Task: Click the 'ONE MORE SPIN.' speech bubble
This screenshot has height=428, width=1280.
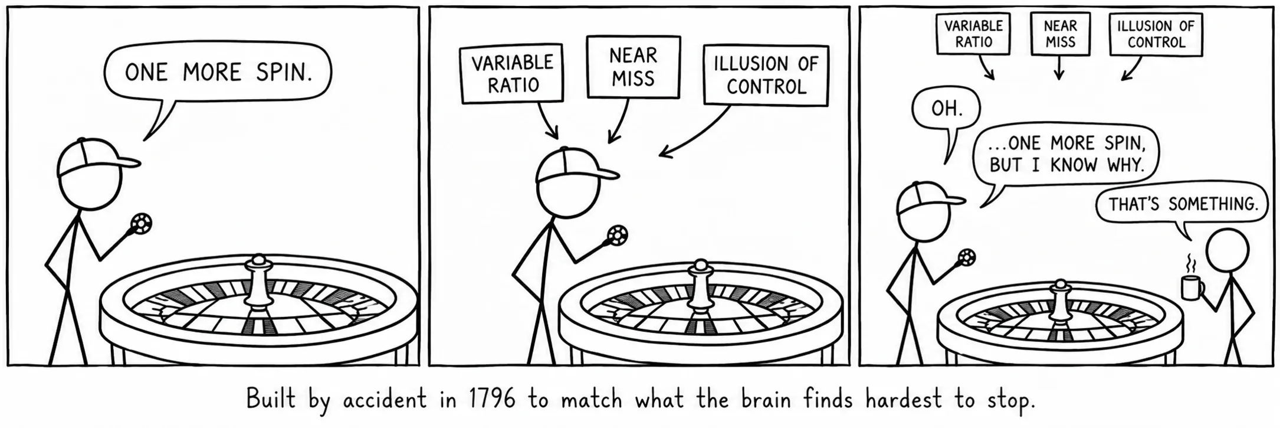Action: coord(218,72)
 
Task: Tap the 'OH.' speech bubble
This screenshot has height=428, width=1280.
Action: coord(946,109)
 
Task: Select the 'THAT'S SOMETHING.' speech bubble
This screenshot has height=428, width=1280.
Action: coord(1181,204)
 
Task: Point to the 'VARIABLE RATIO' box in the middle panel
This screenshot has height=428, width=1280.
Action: coord(512,73)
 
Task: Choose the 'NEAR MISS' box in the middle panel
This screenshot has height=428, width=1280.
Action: coord(634,66)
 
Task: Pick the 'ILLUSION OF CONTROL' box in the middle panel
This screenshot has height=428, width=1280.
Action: coord(766,76)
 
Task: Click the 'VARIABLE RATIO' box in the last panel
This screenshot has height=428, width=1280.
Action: coord(973,34)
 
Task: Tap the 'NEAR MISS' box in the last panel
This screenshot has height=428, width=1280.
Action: coord(1060,34)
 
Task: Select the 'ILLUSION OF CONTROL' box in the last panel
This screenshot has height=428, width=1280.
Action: coord(1156,34)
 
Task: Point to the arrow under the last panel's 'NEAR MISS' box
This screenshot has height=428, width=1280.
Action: coord(1059,67)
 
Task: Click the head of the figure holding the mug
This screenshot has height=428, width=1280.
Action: coord(1228,251)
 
